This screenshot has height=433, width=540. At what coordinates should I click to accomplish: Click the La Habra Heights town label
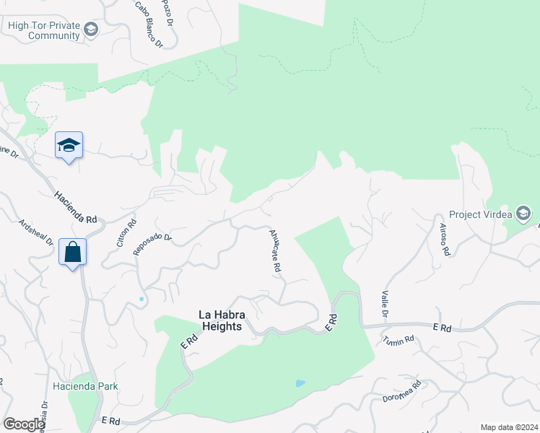pyautogui.click(x=226, y=320)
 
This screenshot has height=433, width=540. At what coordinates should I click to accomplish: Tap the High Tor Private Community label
pyautogui.click(x=44, y=30)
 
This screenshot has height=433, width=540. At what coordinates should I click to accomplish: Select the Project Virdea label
pyautogui.click(x=480, y=214)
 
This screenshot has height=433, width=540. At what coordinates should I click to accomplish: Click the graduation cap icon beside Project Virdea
pyautogui.click(x=523, y=214)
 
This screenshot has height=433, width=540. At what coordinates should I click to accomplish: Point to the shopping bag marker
pyautogui.click(x=72, y=253)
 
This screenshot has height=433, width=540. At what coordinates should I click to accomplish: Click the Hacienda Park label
pyautogui.click(x=85, y=386)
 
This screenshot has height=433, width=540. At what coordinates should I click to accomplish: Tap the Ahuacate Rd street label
pyautogui.click(x=274, y=251)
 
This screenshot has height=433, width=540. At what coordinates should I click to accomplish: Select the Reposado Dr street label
pyautogui.click(x=153, y=244)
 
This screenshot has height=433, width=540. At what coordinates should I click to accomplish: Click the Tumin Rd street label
pyautogui.click(x=399, y=340)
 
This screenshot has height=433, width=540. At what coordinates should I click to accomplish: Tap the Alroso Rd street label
pyautogui.click(x=445, y=240)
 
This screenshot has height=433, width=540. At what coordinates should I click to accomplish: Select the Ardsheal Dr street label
pyautogui.click(x=36, y=232)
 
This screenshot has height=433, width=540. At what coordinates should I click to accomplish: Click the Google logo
pyautogui.click(x=24, y=424)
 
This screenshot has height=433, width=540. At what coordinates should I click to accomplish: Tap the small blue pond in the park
pyautogui.click(x=300, y=382)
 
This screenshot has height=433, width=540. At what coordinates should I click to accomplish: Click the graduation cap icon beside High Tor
pyautogui.click(x=91, y=30)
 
